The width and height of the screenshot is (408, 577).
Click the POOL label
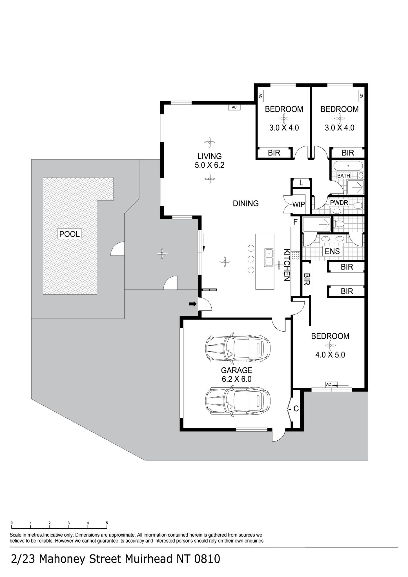pos(70,234)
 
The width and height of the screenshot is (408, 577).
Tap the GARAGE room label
pos(236,370)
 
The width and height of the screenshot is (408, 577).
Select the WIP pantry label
pos(298,205)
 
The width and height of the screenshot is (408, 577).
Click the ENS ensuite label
pos(332,251)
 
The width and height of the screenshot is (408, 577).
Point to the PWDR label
pos(339,203)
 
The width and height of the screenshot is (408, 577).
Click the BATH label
pos(344,176)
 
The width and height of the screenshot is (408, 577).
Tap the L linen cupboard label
pos(301,183)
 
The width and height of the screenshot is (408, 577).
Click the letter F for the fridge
pos(295,222)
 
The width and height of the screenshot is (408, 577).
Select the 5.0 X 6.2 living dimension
pos(209,165)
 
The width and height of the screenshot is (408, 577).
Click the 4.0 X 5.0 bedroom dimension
pos(330,355)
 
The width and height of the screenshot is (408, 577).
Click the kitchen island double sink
pos(269,258)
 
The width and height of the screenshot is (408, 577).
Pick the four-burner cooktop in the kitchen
pos(296,256)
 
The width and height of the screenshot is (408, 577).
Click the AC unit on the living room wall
pos(234,107)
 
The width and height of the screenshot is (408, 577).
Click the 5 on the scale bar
pos(107,523)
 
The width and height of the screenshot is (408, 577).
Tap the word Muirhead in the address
pos(144,559)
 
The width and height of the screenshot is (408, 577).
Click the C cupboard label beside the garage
pos(296,409)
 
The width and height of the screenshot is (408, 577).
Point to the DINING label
pos(246,203)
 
